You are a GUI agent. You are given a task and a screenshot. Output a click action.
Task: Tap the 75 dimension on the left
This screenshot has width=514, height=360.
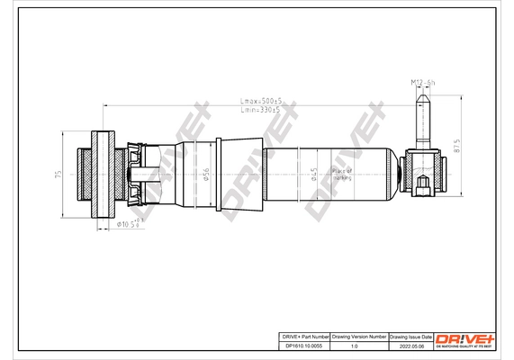[56, 173]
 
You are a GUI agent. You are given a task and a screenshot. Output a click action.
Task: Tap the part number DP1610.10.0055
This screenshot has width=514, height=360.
[302, 343]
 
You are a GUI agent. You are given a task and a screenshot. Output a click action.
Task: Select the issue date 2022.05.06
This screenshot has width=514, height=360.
[410, 343]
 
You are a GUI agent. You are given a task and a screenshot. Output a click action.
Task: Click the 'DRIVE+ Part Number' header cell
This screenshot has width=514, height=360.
[302, 334]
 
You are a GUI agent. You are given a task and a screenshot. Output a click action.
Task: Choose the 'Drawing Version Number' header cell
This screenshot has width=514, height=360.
[359, 334]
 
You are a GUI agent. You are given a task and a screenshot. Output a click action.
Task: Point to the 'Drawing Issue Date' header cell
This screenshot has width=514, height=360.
[410, 334]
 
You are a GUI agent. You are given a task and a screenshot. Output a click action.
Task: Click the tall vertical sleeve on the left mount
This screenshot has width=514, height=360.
[103, 173]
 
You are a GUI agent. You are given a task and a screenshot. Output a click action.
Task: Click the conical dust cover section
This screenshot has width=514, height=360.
[239, 173]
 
